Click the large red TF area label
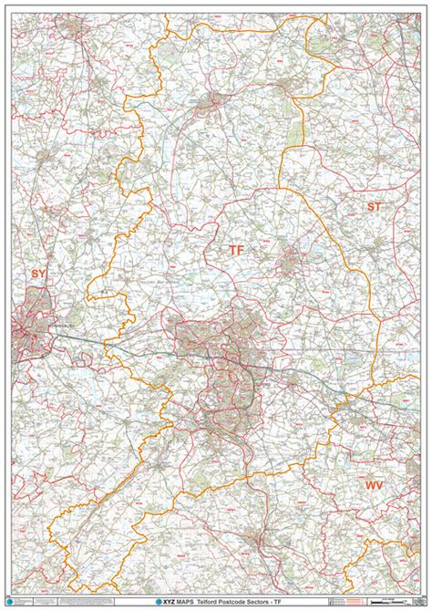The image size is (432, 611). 236,249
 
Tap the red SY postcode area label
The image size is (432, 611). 37,273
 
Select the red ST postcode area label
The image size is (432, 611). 374,207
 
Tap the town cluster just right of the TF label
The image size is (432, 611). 289,262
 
